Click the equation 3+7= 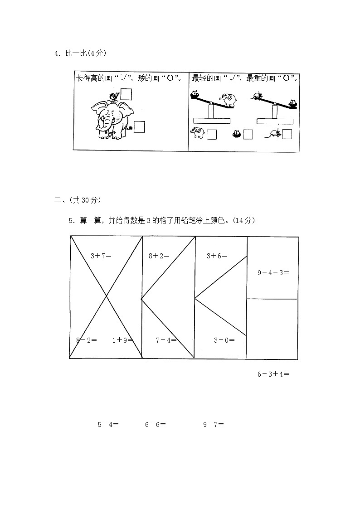click(101, 256)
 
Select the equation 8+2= click(159, 256)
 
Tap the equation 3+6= click(217, 256)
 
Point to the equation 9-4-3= click(273, 272)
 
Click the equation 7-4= click(166, 340)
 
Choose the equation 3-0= click(224, 340)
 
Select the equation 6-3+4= click(273, 374)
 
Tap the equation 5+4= click(108, 425)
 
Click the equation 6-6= click(155, 425)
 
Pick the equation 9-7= click(214, 425)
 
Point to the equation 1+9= click(122, 340)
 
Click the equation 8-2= click(86, 340)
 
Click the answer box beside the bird click(126, 94)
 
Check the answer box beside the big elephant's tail click(139, 127)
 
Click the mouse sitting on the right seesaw click(256, 96)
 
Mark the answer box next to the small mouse click(287, 134)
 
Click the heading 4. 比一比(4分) click(80, 53)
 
